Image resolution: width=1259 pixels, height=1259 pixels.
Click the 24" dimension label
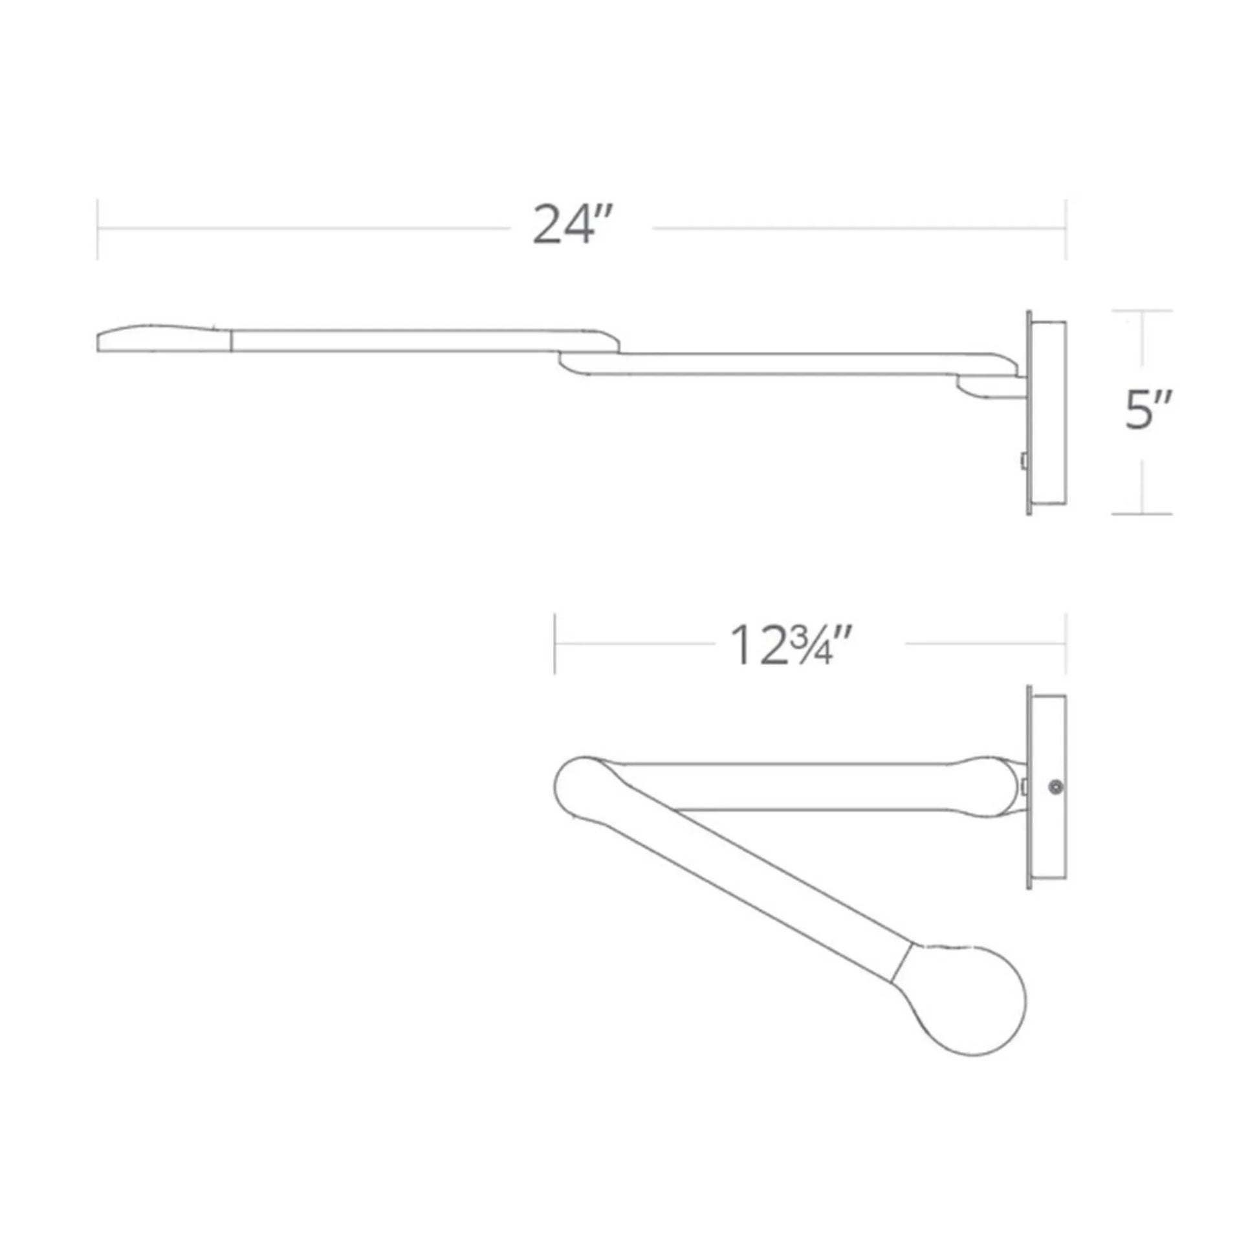click(571, 225)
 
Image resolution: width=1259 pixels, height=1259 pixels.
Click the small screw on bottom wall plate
click(1054, 787)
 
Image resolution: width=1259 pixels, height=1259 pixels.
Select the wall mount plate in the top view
click(1047, 413)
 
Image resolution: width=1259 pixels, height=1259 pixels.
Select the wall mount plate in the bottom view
click(1047, 787)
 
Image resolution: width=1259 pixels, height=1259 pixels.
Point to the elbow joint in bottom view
click(582, 787)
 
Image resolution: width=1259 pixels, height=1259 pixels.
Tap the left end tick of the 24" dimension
click(98, 229)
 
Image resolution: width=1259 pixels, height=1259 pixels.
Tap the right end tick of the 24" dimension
click(1066, 229)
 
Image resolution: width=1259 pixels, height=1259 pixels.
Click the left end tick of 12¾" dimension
click(554, 644)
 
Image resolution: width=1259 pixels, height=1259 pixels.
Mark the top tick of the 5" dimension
click(1142, 311)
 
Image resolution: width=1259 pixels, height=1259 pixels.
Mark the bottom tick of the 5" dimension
click(1142, 514)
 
